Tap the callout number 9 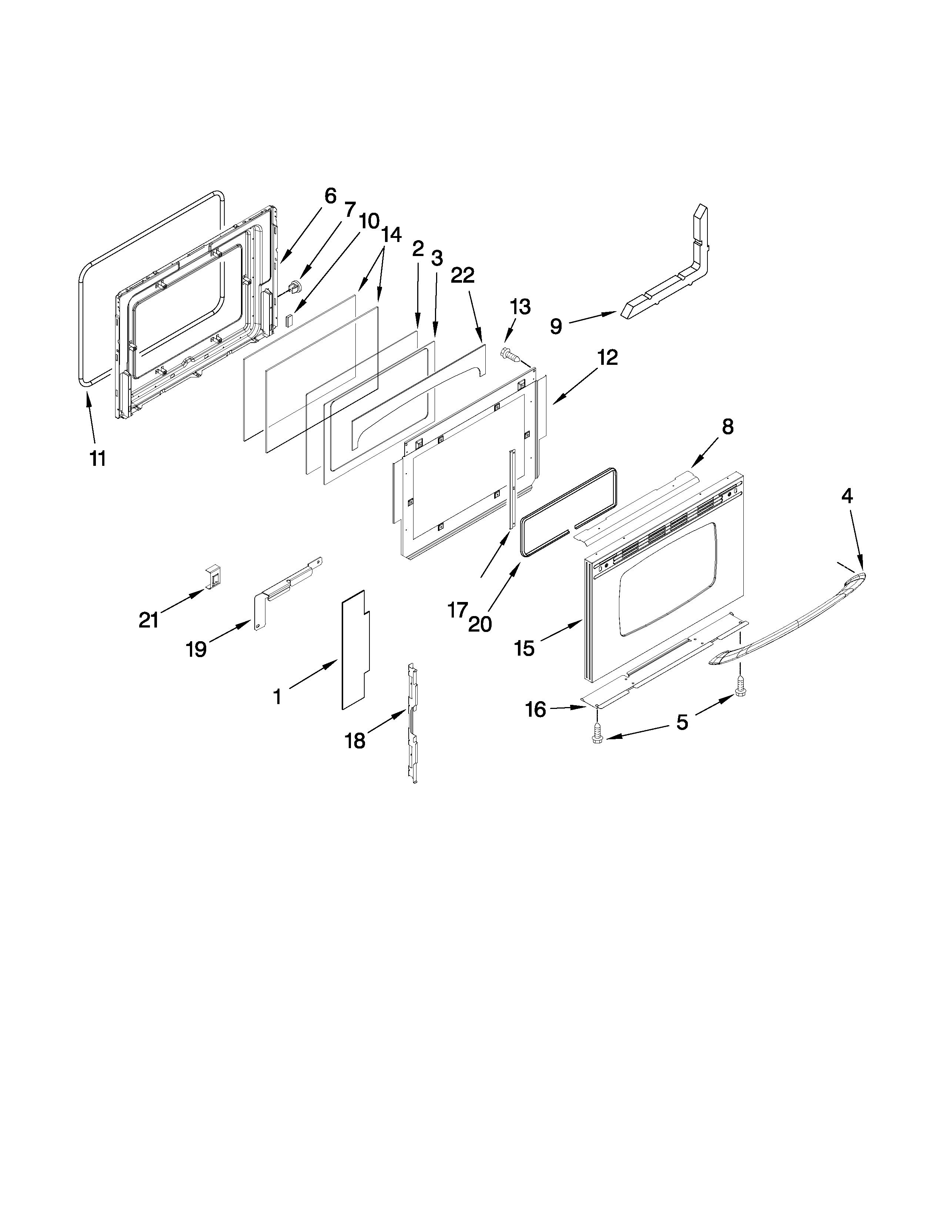[555, 326]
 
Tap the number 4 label [847, 496]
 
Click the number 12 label [607, 357]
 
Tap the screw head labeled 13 [508, 354]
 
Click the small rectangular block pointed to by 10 [289, 320]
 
